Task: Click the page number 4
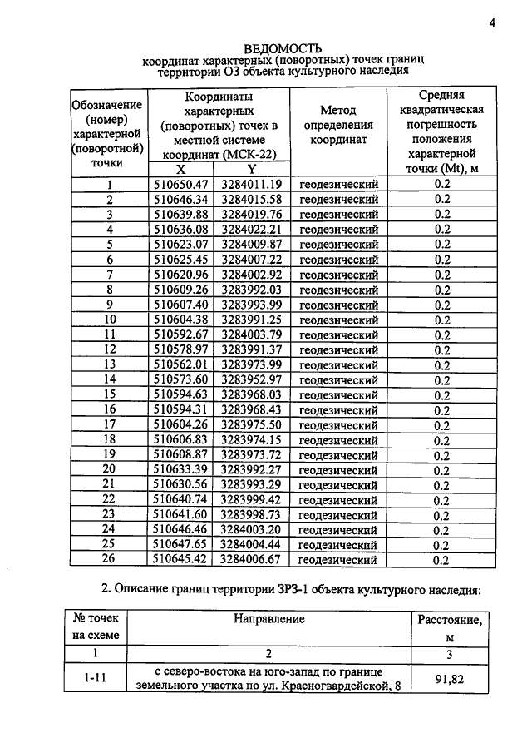pyautogui.click(x=492, y=23)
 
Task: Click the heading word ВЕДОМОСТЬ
pyautogui.click(x=283, y=48)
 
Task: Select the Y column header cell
pyautogui.click(x=252, y=168)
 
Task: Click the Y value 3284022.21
pyautogui.click(x=252, y=229)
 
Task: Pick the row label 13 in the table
pyautogui.click(x=109, y=364)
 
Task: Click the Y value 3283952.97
pyautogui.click(x=252, y=379)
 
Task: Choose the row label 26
pyautogui.click(x=109, y=560)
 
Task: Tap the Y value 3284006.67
pyautogui.click(x=252, y=560)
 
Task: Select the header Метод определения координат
pyautogui.click(x=337, y=125)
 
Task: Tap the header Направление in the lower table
pyautogui.click(x=268, y=619)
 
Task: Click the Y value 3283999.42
pyautogui.click(x=252, y=500)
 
